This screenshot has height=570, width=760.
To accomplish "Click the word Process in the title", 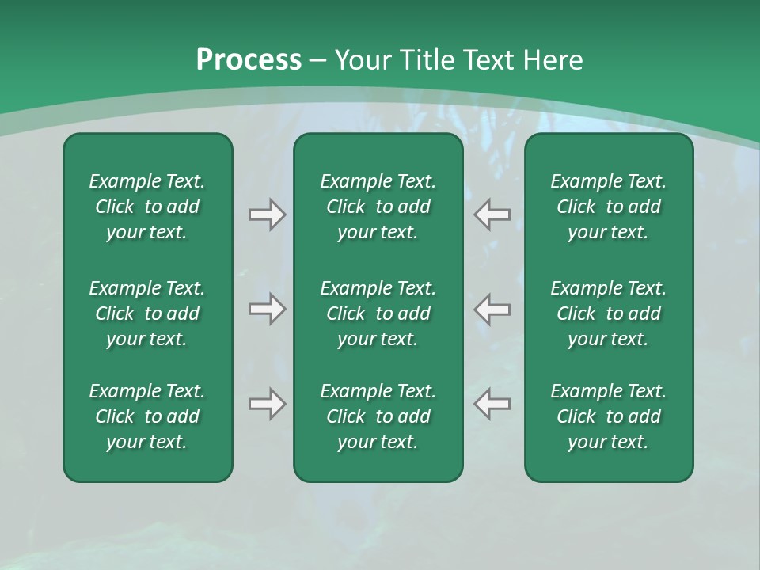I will [249, 60].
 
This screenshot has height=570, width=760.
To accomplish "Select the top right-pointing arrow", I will [267, 215].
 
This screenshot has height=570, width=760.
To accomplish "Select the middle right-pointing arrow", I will [267, 309].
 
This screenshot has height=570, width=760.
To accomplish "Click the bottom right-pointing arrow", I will [267, 404].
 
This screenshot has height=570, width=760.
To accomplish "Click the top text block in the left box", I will [147, 207].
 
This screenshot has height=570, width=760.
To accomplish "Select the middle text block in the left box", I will [147, 313].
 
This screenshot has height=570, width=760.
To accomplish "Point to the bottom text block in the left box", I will [147, 416].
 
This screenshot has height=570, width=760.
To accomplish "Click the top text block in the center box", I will [378, 207].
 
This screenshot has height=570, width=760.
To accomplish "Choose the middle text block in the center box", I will [378, 313].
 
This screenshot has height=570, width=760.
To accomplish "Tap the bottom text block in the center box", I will [378, 416].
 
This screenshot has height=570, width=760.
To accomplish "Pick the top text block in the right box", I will [609, 207].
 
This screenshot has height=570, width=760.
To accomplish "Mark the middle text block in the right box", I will [609, 313].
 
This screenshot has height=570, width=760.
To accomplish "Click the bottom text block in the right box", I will [609, 416].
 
